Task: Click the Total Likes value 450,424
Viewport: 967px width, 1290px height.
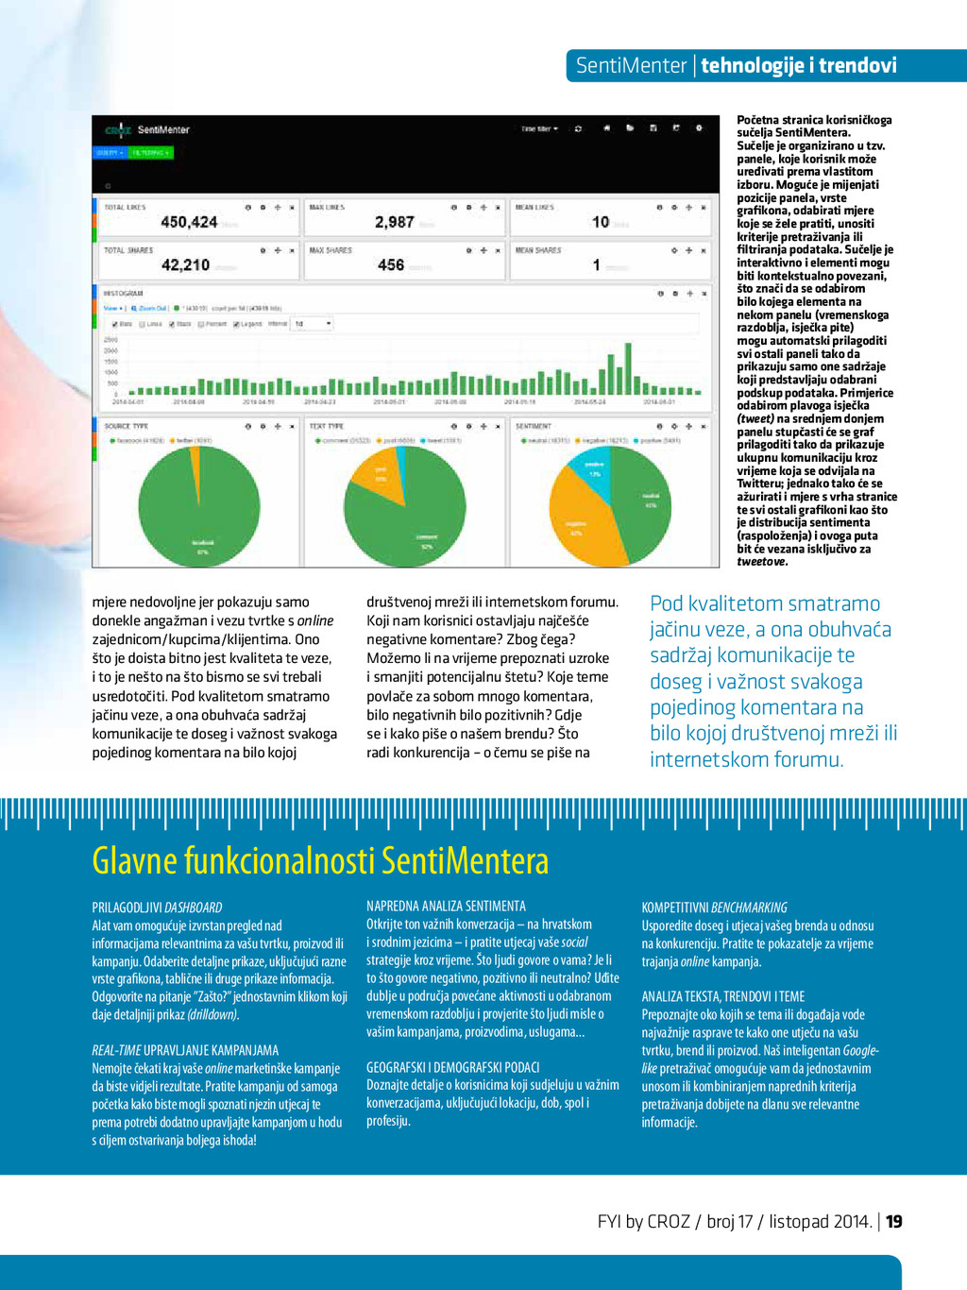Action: [x=189, y=222]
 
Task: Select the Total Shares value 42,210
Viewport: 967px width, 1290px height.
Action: [x=185, y=265]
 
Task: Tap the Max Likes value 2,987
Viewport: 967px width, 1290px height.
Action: [x=394, y=222]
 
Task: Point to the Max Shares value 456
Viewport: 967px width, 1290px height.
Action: [x=391, y=265]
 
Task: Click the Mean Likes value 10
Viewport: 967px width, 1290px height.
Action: [x=601, y=222]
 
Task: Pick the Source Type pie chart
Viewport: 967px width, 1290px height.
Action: [x=199, y=505]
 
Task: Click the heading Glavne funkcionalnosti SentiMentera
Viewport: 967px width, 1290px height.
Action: [x=320, y=860]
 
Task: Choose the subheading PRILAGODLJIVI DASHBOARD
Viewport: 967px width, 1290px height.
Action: [x=157, y=907]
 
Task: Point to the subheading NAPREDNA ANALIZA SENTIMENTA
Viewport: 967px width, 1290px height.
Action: [x=446, y=906]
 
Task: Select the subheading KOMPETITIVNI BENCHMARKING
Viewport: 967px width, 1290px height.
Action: [x=714, y=907]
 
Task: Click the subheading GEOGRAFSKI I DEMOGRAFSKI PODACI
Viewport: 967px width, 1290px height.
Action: [x=453, y=1067]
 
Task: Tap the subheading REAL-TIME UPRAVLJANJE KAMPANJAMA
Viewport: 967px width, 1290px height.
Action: [x=185, y=1050]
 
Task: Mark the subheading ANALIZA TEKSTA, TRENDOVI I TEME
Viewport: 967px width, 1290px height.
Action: [x=723, y=996]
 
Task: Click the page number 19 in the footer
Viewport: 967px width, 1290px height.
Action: [x=894, y=1221]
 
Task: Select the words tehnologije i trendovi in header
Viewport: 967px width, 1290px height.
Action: [x=799, y=65]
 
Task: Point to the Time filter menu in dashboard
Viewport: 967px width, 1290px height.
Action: [x=539, y=128]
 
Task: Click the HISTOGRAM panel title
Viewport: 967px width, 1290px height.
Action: [x=124, y=294]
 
